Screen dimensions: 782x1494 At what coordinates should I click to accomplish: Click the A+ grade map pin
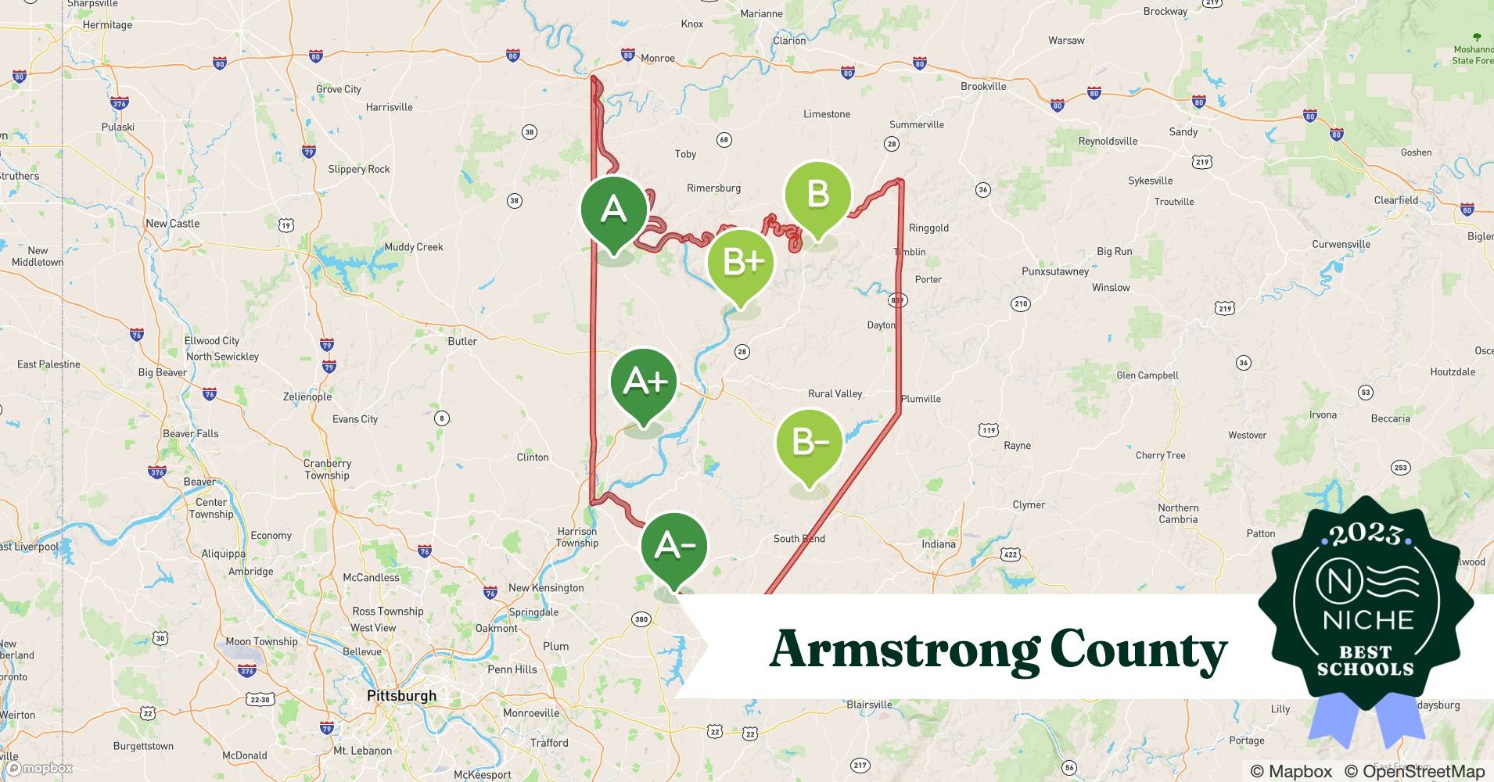(645, 382)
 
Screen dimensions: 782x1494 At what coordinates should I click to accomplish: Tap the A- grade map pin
(674, 546)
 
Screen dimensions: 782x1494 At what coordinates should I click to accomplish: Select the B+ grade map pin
(741, 262)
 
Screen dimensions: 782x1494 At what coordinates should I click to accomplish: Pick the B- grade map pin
(810, 443)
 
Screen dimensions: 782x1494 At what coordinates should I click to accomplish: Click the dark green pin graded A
(614, 210)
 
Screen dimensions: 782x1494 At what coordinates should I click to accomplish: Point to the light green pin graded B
(817, 194)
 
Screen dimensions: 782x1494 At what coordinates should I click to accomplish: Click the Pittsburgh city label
(402, 695)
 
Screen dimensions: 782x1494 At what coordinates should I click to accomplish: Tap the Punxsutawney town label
(1055, 271)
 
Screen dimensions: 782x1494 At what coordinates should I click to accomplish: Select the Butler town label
(462, 341)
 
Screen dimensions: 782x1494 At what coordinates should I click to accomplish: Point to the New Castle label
(173, 224)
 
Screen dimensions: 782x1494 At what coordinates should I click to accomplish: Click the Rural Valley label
(835, 393)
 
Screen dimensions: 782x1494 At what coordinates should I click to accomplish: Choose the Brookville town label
(983, 86)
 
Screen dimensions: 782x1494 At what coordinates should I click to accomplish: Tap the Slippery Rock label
(358, 169)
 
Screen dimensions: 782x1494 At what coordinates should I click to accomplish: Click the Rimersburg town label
(713, 188)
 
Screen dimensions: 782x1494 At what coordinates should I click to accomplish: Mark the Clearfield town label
(1396, 200)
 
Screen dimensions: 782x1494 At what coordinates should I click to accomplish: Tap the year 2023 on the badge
(1366, 535)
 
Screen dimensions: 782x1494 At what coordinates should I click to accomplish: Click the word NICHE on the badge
(1368, 620)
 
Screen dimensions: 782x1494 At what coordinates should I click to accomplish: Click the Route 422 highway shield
(1011, 554)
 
